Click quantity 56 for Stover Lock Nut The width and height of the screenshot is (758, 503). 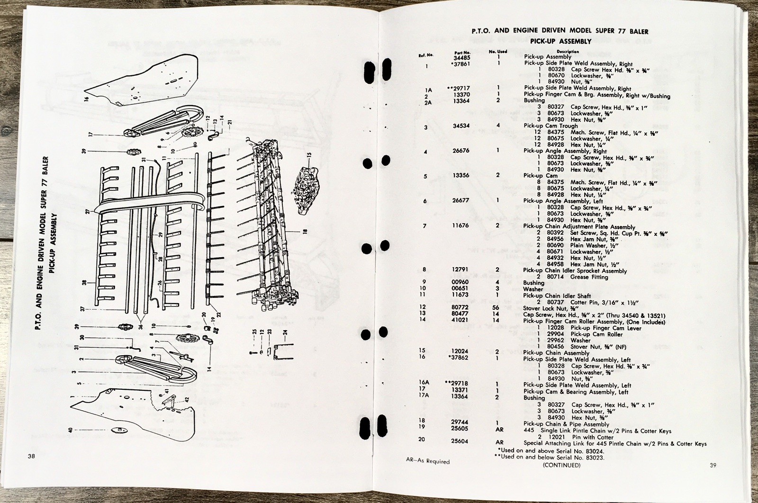pyautogui.click(x=498, y=307)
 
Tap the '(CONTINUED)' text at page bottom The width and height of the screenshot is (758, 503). pyautogui.click(x=561, y=465)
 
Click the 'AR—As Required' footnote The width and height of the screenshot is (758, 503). pyautogui.click(x=428, y=461)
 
